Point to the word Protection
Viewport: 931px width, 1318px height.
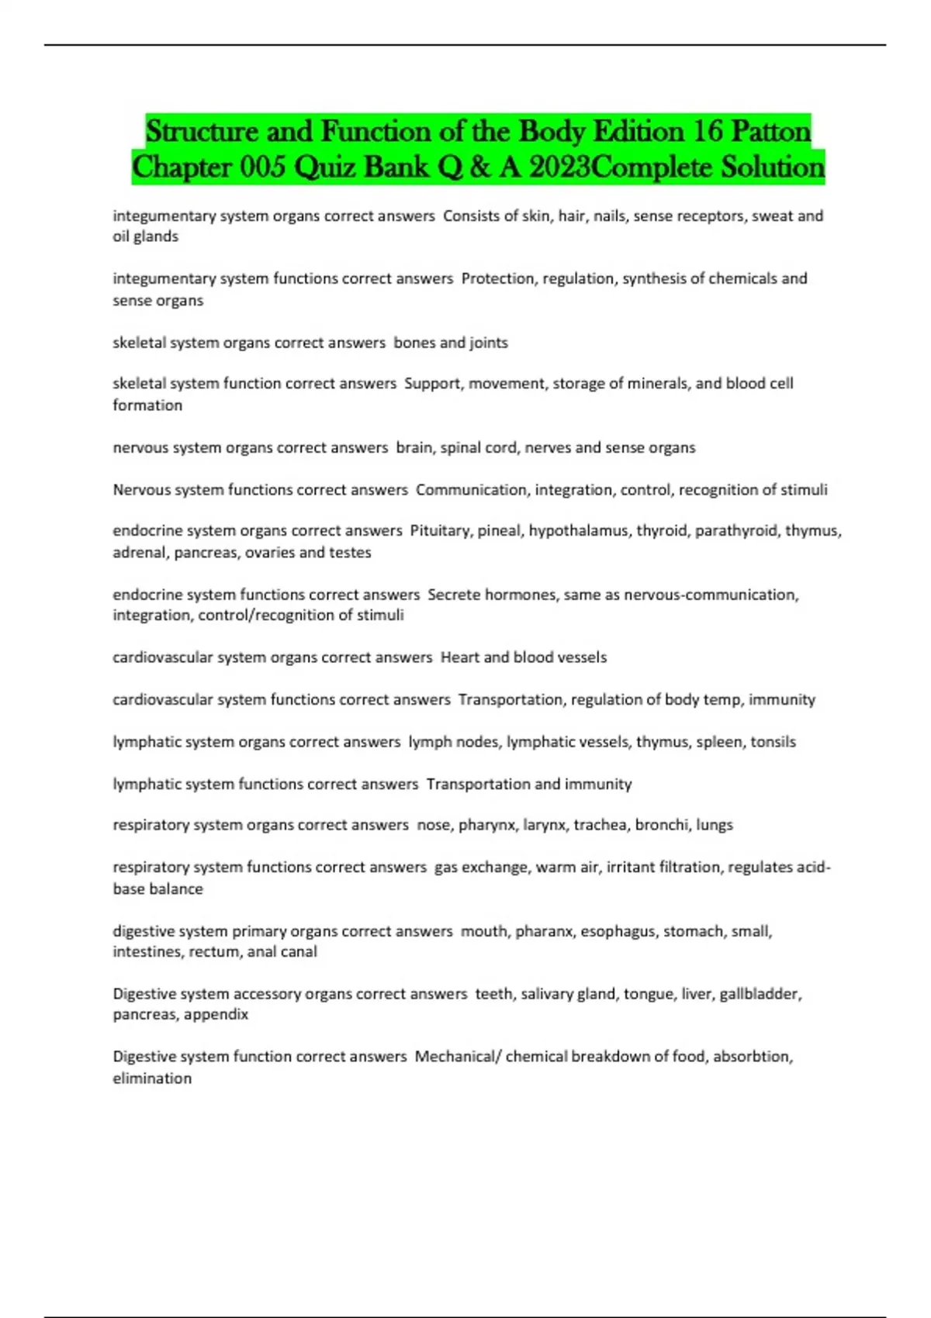pyautogui.click(x=497, y=278)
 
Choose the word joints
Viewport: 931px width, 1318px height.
pyautogui.click(x=489, y=343)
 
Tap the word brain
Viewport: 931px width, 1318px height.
pyautogui.click(x=414, y=447)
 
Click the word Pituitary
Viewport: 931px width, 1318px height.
pyautogui.click(x=440, y=531)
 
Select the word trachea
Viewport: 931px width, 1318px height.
pyautogui.click(x=600, y=825)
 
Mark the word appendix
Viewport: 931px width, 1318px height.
pyautogui.click(x=216, y=1015)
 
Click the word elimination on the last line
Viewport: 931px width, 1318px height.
pyautogui.click(x=152, y=1078)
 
